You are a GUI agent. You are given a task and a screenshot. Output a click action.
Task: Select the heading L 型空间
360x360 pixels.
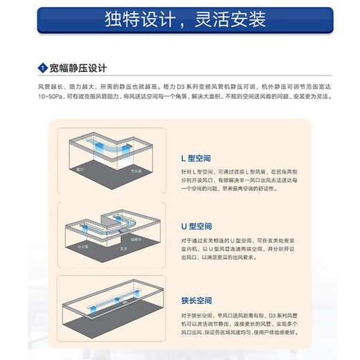[x=193, y=159]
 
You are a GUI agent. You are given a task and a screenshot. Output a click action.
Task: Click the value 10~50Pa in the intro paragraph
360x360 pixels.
[x=50, y=98]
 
